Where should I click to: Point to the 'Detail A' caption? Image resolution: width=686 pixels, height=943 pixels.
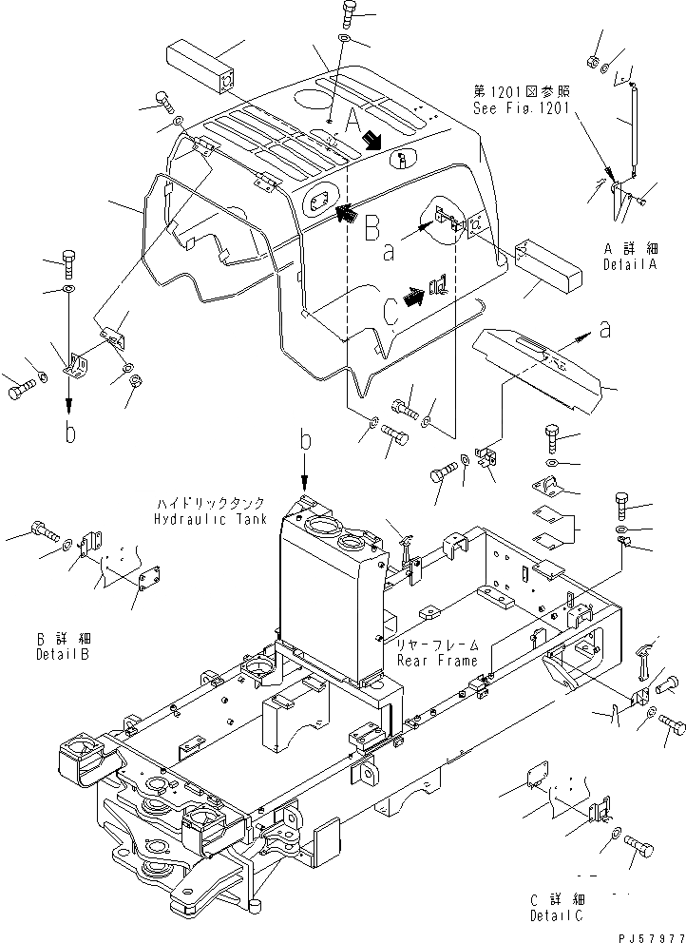(631, 265)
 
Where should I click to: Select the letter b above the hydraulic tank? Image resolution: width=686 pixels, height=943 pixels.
(305, 441)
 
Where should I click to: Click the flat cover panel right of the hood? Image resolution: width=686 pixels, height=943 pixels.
(543, 366)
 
